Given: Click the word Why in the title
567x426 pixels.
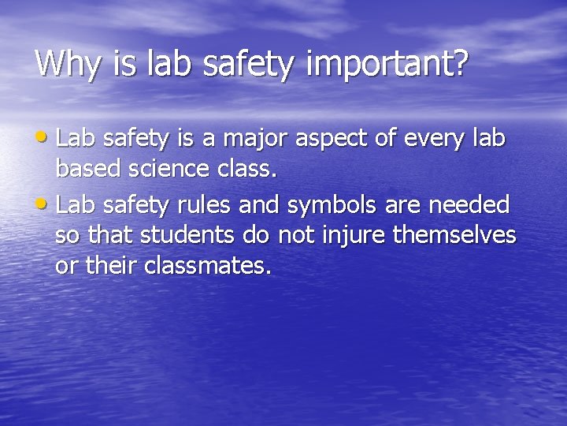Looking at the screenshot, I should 69,63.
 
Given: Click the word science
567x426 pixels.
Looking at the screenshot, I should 166,169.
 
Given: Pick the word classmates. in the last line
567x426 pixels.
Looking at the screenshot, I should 207,266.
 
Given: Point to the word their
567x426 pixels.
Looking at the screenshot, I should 110,266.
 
